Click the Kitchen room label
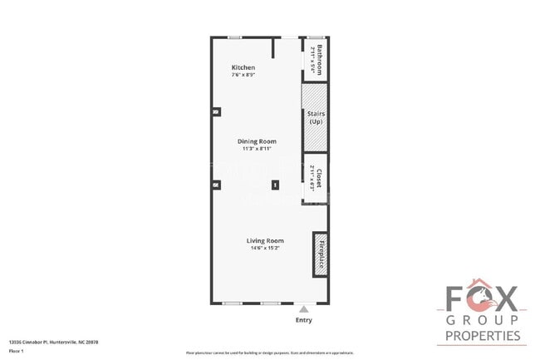click(x=243, y=67)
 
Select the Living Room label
click(x=258, y=241)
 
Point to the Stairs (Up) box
click(x=315, y=117)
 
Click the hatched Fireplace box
click(x=321, y=256)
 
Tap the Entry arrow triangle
click(x=303, y=307)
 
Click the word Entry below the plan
click(x=304, y=319)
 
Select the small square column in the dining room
click(x=276, y=185)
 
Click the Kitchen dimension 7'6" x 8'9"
click(x=243, y=76)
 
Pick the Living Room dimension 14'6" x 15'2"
click(x=258, y=249)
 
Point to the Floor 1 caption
click(x=15, y=351)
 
